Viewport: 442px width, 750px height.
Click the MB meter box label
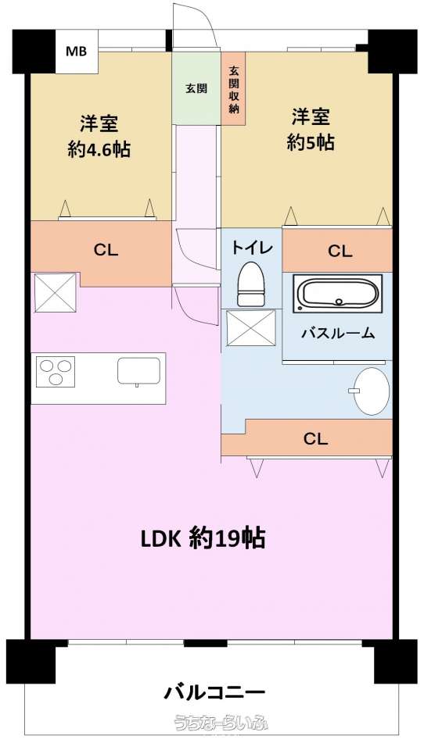click(76, 52)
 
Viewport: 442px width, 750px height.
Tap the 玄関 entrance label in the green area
click(196, 88)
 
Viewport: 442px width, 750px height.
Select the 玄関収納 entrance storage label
click(234, 89)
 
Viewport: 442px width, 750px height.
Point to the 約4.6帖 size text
click(99, 150)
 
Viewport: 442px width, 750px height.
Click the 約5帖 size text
click(311, 142)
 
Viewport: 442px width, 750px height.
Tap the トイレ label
click(252, 248)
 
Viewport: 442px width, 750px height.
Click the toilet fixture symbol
click(251, 284)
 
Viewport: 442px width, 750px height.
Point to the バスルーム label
click(338, 333)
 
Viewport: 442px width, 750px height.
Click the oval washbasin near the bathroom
click(371, 391)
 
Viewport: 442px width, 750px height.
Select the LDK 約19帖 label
click(203, 538)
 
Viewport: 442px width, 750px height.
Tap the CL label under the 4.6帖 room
click(106, 250)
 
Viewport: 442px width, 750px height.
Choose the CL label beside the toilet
click(340, 251)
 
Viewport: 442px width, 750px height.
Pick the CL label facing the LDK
click(315, 438)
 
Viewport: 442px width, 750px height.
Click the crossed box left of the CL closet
click(55, 292)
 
